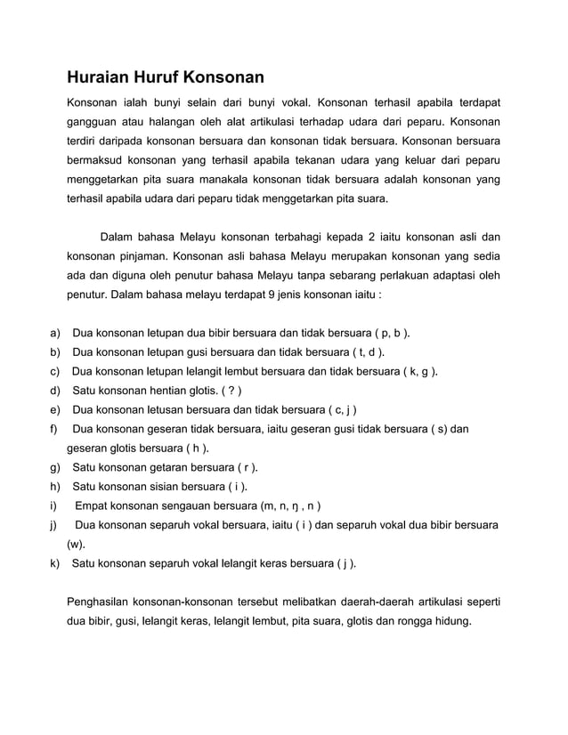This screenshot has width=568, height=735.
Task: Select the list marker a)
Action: tap(55, 334)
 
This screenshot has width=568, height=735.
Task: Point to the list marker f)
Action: tap(54, 429)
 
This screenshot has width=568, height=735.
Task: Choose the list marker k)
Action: tap(55, 563)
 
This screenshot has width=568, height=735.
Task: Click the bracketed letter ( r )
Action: tap(245, 467)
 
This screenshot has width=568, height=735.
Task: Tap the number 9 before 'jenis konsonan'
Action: tap(258, 295)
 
